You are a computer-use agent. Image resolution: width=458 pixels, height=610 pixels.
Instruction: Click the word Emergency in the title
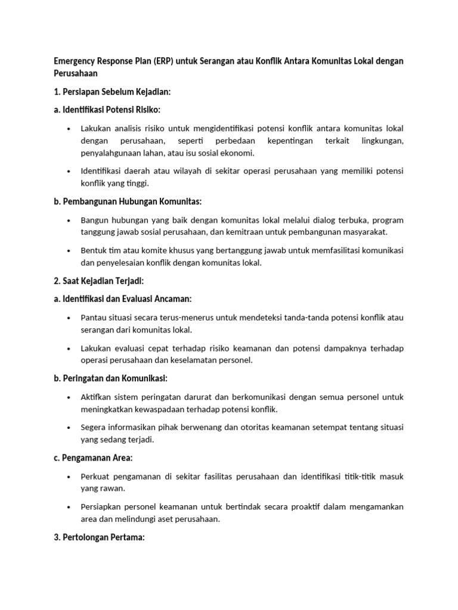coord(73,62)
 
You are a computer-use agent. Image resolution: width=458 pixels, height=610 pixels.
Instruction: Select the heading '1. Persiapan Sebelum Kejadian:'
coord(113,92)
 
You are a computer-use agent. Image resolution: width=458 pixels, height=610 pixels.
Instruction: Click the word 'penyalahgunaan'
coord(110,153)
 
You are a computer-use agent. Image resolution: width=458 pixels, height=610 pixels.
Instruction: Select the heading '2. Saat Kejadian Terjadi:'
coord(99,281)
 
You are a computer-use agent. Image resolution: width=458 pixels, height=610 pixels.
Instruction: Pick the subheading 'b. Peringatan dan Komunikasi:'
coord(110,378)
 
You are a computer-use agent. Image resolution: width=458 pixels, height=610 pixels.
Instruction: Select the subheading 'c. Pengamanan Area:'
coord(92,457)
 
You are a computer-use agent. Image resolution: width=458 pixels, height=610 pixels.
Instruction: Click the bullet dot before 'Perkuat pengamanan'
coord(69,477)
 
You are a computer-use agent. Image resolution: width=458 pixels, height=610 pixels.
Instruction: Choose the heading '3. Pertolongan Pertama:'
coord(100,537)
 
